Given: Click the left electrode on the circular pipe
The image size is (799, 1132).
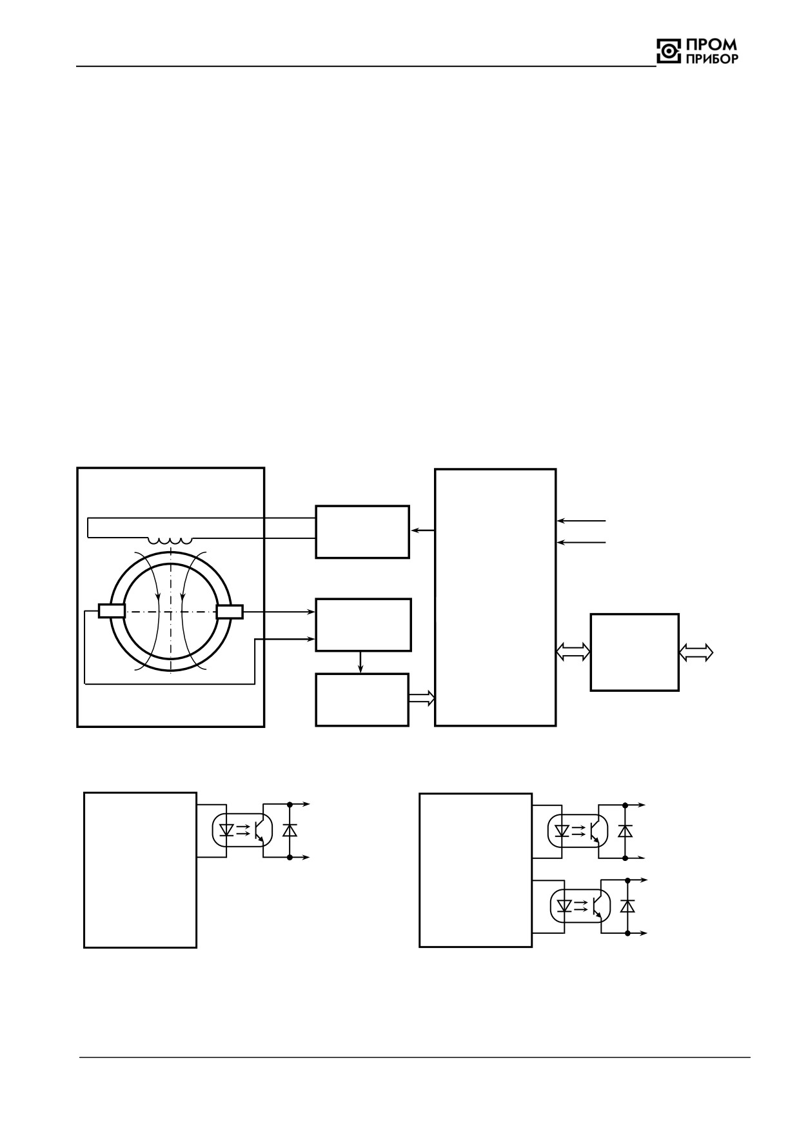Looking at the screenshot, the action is point(111,611).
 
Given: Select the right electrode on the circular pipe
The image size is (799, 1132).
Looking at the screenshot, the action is point(230,611).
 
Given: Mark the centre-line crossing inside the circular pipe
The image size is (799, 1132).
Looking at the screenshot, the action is point(170,611).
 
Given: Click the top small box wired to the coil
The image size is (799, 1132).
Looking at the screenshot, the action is point(362,532).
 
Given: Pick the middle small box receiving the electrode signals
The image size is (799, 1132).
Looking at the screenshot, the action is point(363,625).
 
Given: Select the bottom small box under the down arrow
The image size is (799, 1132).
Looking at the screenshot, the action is point(362,700).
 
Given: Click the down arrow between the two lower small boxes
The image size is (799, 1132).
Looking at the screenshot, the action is point(360,662).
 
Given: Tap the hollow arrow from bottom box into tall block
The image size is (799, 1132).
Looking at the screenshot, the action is point(422,698).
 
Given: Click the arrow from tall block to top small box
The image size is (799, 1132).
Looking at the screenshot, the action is point(422,531).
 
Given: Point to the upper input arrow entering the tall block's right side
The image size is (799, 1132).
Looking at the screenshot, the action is point(581,520).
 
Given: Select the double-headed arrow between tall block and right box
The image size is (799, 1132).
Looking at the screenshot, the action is point(573,652).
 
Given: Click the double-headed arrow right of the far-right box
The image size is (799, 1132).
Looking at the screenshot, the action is point(696,652).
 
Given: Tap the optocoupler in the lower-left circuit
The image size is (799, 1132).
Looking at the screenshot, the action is point(242,831).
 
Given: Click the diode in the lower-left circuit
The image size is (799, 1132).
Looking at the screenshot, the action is point(290,830).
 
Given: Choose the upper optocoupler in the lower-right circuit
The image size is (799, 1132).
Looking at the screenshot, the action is point(578,831).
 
